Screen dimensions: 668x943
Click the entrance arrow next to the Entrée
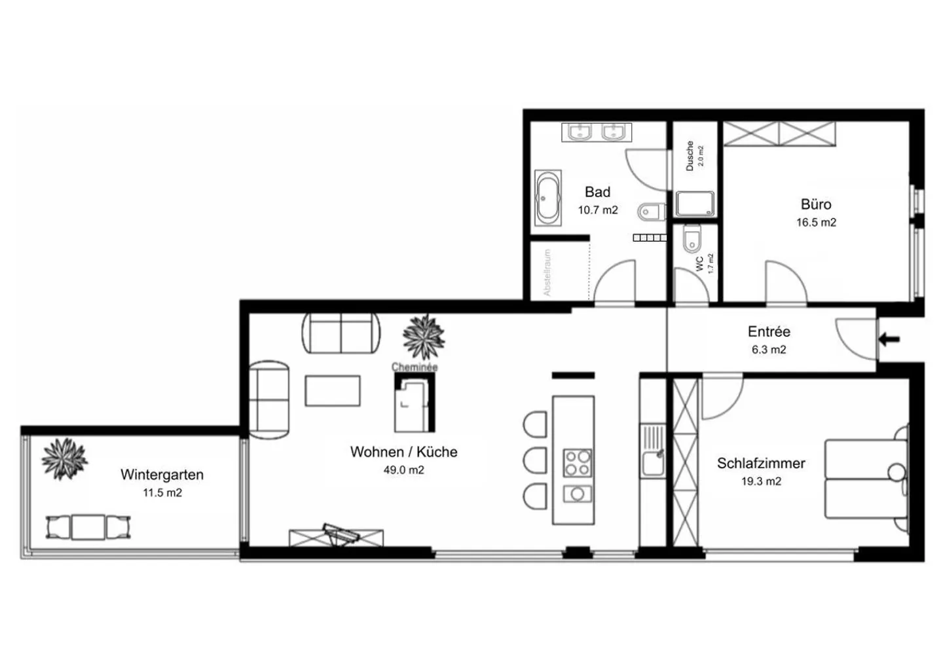pyautogui.click(x=889, y=339)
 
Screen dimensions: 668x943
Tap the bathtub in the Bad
pyautogui.click(x=547, y=198)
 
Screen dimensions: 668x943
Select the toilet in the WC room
pyautogui.click(x=691, y=240)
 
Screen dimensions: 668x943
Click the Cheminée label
pyautogui.click(x=414, y=367)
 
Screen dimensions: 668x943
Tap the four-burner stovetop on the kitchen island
pyautogui.click(x=578, y=462)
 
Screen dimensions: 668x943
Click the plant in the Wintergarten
pyautogui.click(x=64, y=458)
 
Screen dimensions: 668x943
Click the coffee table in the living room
pyautogui.click(x=333, y=391)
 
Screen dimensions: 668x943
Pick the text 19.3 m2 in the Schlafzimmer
pyautogui.click(x=760, y=481)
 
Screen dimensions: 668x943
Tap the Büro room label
pyautogui.click(x=816, y=204)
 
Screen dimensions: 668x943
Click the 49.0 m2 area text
pyautogui.click(x=403, y=470)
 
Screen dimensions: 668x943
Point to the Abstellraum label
pyautogui.click(x=547, y=272)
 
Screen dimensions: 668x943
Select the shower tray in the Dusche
pyautogui.click(x=695, y=204)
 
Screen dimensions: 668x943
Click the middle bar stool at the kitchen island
pyautogui.click(x=536, y=460)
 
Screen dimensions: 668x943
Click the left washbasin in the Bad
pyautogui.click(x=580, y=133)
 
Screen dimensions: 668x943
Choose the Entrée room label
pyautogui.click(x=769, y=332)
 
